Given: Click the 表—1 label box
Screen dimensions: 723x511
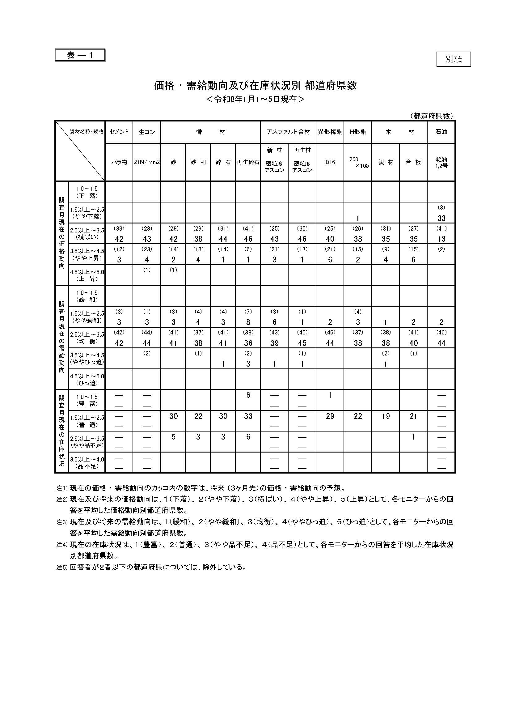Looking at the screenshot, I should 80,55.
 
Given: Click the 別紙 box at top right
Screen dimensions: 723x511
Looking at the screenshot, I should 454,59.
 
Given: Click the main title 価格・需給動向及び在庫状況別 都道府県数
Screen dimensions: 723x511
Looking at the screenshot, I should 255,86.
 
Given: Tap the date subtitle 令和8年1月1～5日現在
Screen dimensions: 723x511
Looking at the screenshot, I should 255,99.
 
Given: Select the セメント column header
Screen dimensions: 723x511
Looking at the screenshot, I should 119,132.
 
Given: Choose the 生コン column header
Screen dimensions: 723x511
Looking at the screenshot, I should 147,132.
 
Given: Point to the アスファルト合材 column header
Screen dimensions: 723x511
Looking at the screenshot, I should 288,132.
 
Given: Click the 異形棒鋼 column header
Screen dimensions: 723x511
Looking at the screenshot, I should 330,132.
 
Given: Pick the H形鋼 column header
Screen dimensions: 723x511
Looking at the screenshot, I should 358,132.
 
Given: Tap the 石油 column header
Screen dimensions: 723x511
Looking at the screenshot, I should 441,132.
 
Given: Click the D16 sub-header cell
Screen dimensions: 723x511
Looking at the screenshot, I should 330,162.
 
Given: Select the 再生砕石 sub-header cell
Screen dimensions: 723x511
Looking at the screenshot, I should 248,162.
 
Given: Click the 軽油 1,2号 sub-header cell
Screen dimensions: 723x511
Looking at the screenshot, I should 441,163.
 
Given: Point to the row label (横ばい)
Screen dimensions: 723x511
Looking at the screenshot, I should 87,237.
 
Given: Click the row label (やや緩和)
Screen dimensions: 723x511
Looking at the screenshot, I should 87,321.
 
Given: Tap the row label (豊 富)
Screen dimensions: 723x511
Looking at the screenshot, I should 87,404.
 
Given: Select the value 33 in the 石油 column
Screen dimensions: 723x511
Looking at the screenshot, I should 441,218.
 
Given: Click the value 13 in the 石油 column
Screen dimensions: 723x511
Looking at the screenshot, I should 441,239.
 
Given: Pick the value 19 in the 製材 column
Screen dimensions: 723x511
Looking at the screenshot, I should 386,416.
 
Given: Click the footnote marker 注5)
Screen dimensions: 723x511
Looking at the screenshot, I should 62,568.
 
